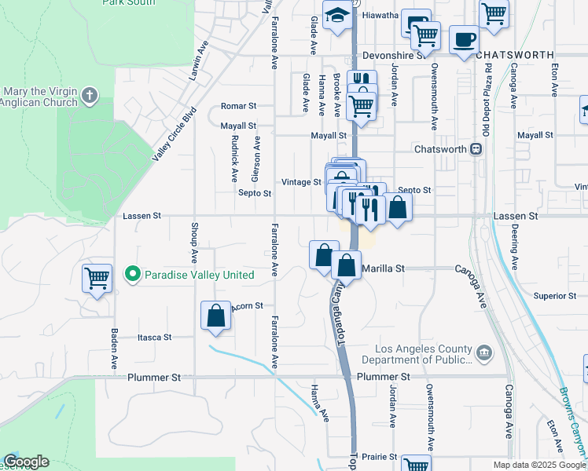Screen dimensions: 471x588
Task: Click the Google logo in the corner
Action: tap(26, 462)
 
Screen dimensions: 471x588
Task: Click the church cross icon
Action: tap(90, 96)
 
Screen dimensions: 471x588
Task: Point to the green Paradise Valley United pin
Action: tap(133, 275)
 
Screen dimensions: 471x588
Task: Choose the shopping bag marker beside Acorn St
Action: tap(215, 316)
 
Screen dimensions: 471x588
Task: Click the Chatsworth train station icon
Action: tap(476, 149)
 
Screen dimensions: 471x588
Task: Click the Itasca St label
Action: tap(154, 337)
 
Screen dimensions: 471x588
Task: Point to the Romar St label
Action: tap(239, 105)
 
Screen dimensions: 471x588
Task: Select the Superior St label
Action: tap(555, 296)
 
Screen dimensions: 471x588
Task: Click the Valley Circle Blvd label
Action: tap(173, 133)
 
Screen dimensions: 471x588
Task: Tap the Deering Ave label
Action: tap(515, 236)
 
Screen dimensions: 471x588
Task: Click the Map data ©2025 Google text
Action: tap(538, 464)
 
